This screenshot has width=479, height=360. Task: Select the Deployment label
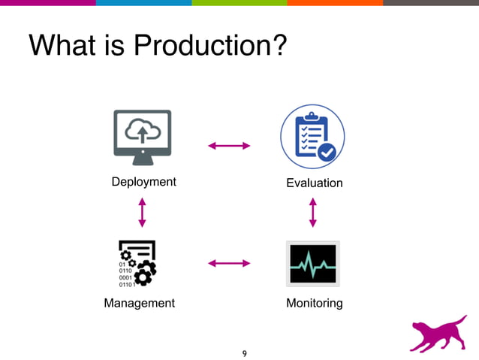pos(143,182)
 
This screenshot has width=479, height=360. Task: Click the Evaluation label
pos(314,183)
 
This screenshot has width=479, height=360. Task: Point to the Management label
pos(139,303)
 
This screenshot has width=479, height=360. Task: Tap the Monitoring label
pos(314,303)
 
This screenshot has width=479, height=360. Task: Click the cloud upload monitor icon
pos(142,136)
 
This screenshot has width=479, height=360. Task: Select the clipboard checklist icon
pos(312,137)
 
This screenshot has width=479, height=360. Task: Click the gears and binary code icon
pos(137,263)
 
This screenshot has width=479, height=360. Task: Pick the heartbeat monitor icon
pos(312,263)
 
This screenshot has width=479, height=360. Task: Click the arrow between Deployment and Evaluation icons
pos(229,146)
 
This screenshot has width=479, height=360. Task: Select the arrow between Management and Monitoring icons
pos(229,263)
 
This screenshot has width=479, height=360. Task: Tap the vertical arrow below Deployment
pos(142,212)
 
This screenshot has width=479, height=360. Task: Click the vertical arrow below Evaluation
pos(313,212)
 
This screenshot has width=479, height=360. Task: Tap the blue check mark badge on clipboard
pos(327,153)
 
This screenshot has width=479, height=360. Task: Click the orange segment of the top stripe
pos(335,3)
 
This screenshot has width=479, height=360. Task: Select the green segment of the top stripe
pos(239,3)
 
